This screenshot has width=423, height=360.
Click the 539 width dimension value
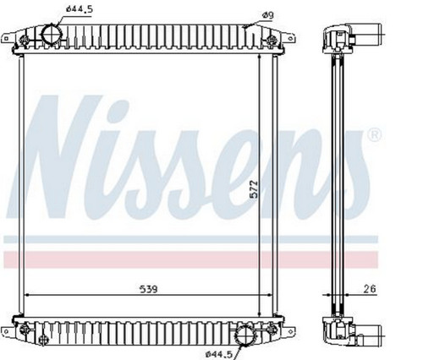(149, 289)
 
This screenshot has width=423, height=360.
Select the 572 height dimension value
(255, 189)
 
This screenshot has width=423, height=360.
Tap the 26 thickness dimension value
(370, 289)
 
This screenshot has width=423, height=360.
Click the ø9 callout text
(267, 15)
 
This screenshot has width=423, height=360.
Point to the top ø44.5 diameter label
(80, 9)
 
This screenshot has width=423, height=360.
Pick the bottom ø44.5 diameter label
(219, 354)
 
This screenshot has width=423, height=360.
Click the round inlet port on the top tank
(51, 35)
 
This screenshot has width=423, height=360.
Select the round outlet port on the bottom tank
(245, 335)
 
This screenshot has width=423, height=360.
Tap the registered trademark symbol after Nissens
(374, 135)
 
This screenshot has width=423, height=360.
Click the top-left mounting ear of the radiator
(8, 38)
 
